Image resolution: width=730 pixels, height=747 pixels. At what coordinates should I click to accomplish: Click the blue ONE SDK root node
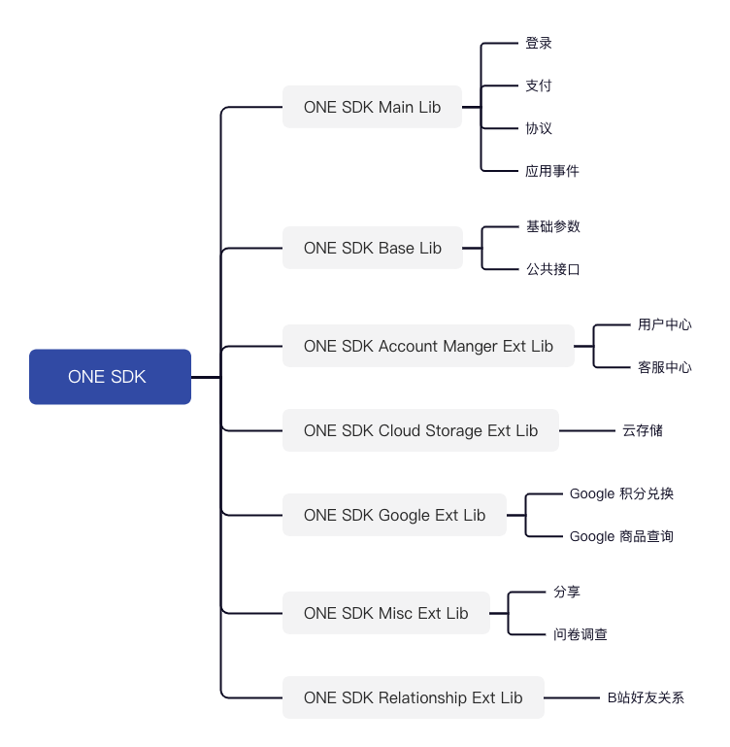[110, 377]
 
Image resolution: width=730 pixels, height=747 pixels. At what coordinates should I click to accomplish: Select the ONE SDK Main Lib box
[372, 107]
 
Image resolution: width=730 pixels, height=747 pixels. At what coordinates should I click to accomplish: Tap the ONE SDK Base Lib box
[372, 248]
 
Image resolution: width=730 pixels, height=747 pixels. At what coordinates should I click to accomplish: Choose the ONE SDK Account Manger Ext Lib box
[428, 346]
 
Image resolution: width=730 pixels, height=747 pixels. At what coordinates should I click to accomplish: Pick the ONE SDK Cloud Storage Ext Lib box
[420, 430]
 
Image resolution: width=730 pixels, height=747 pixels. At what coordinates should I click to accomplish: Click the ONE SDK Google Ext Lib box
[394, 515]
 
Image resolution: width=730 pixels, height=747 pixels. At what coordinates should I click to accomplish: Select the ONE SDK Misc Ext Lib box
[385, 613]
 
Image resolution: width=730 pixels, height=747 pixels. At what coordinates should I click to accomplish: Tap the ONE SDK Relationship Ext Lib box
[413, 697]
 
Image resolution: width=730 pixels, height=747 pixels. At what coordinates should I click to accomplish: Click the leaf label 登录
[539, 44]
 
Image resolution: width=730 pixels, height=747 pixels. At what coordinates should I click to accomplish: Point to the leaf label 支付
[539, 85]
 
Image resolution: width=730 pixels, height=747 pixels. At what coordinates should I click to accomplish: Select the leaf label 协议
[539, 128]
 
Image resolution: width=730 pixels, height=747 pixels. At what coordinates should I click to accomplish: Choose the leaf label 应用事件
[552, 171]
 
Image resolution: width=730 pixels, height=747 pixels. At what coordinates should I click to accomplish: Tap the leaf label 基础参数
[552, 226]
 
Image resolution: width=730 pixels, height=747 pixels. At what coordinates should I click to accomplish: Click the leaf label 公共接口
[552, 269]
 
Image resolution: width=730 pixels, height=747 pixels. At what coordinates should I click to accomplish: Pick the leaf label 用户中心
[665, 324]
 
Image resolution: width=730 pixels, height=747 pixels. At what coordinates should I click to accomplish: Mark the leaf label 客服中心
[665, 367]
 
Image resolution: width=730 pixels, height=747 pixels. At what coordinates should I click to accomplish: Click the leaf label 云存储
[643, 430]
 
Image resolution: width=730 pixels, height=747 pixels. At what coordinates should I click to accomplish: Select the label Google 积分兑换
[621, 493]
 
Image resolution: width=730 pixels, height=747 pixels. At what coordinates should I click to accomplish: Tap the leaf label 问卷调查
[581, 634]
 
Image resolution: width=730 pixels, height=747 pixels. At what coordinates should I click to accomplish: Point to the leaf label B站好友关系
[646, 697]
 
